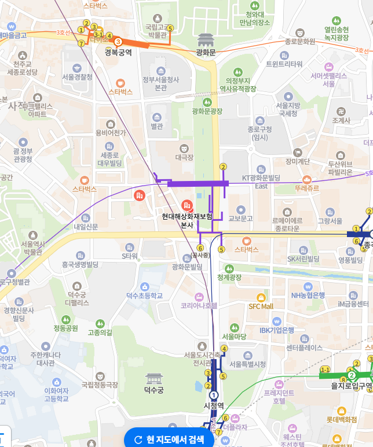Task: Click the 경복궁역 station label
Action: click(118, 53)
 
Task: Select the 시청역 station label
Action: click(214, 406)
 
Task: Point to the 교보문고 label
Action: click(241, 219)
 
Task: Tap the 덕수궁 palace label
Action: click(153, 390)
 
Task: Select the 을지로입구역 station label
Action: click(351, 386)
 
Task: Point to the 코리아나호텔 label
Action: click(199, 305)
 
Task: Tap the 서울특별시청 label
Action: click(247, 364)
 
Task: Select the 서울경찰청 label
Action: click(77, 77)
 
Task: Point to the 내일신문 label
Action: click(86, 227)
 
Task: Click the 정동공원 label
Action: click(65, 328)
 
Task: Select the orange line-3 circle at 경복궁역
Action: click(118, 42)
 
